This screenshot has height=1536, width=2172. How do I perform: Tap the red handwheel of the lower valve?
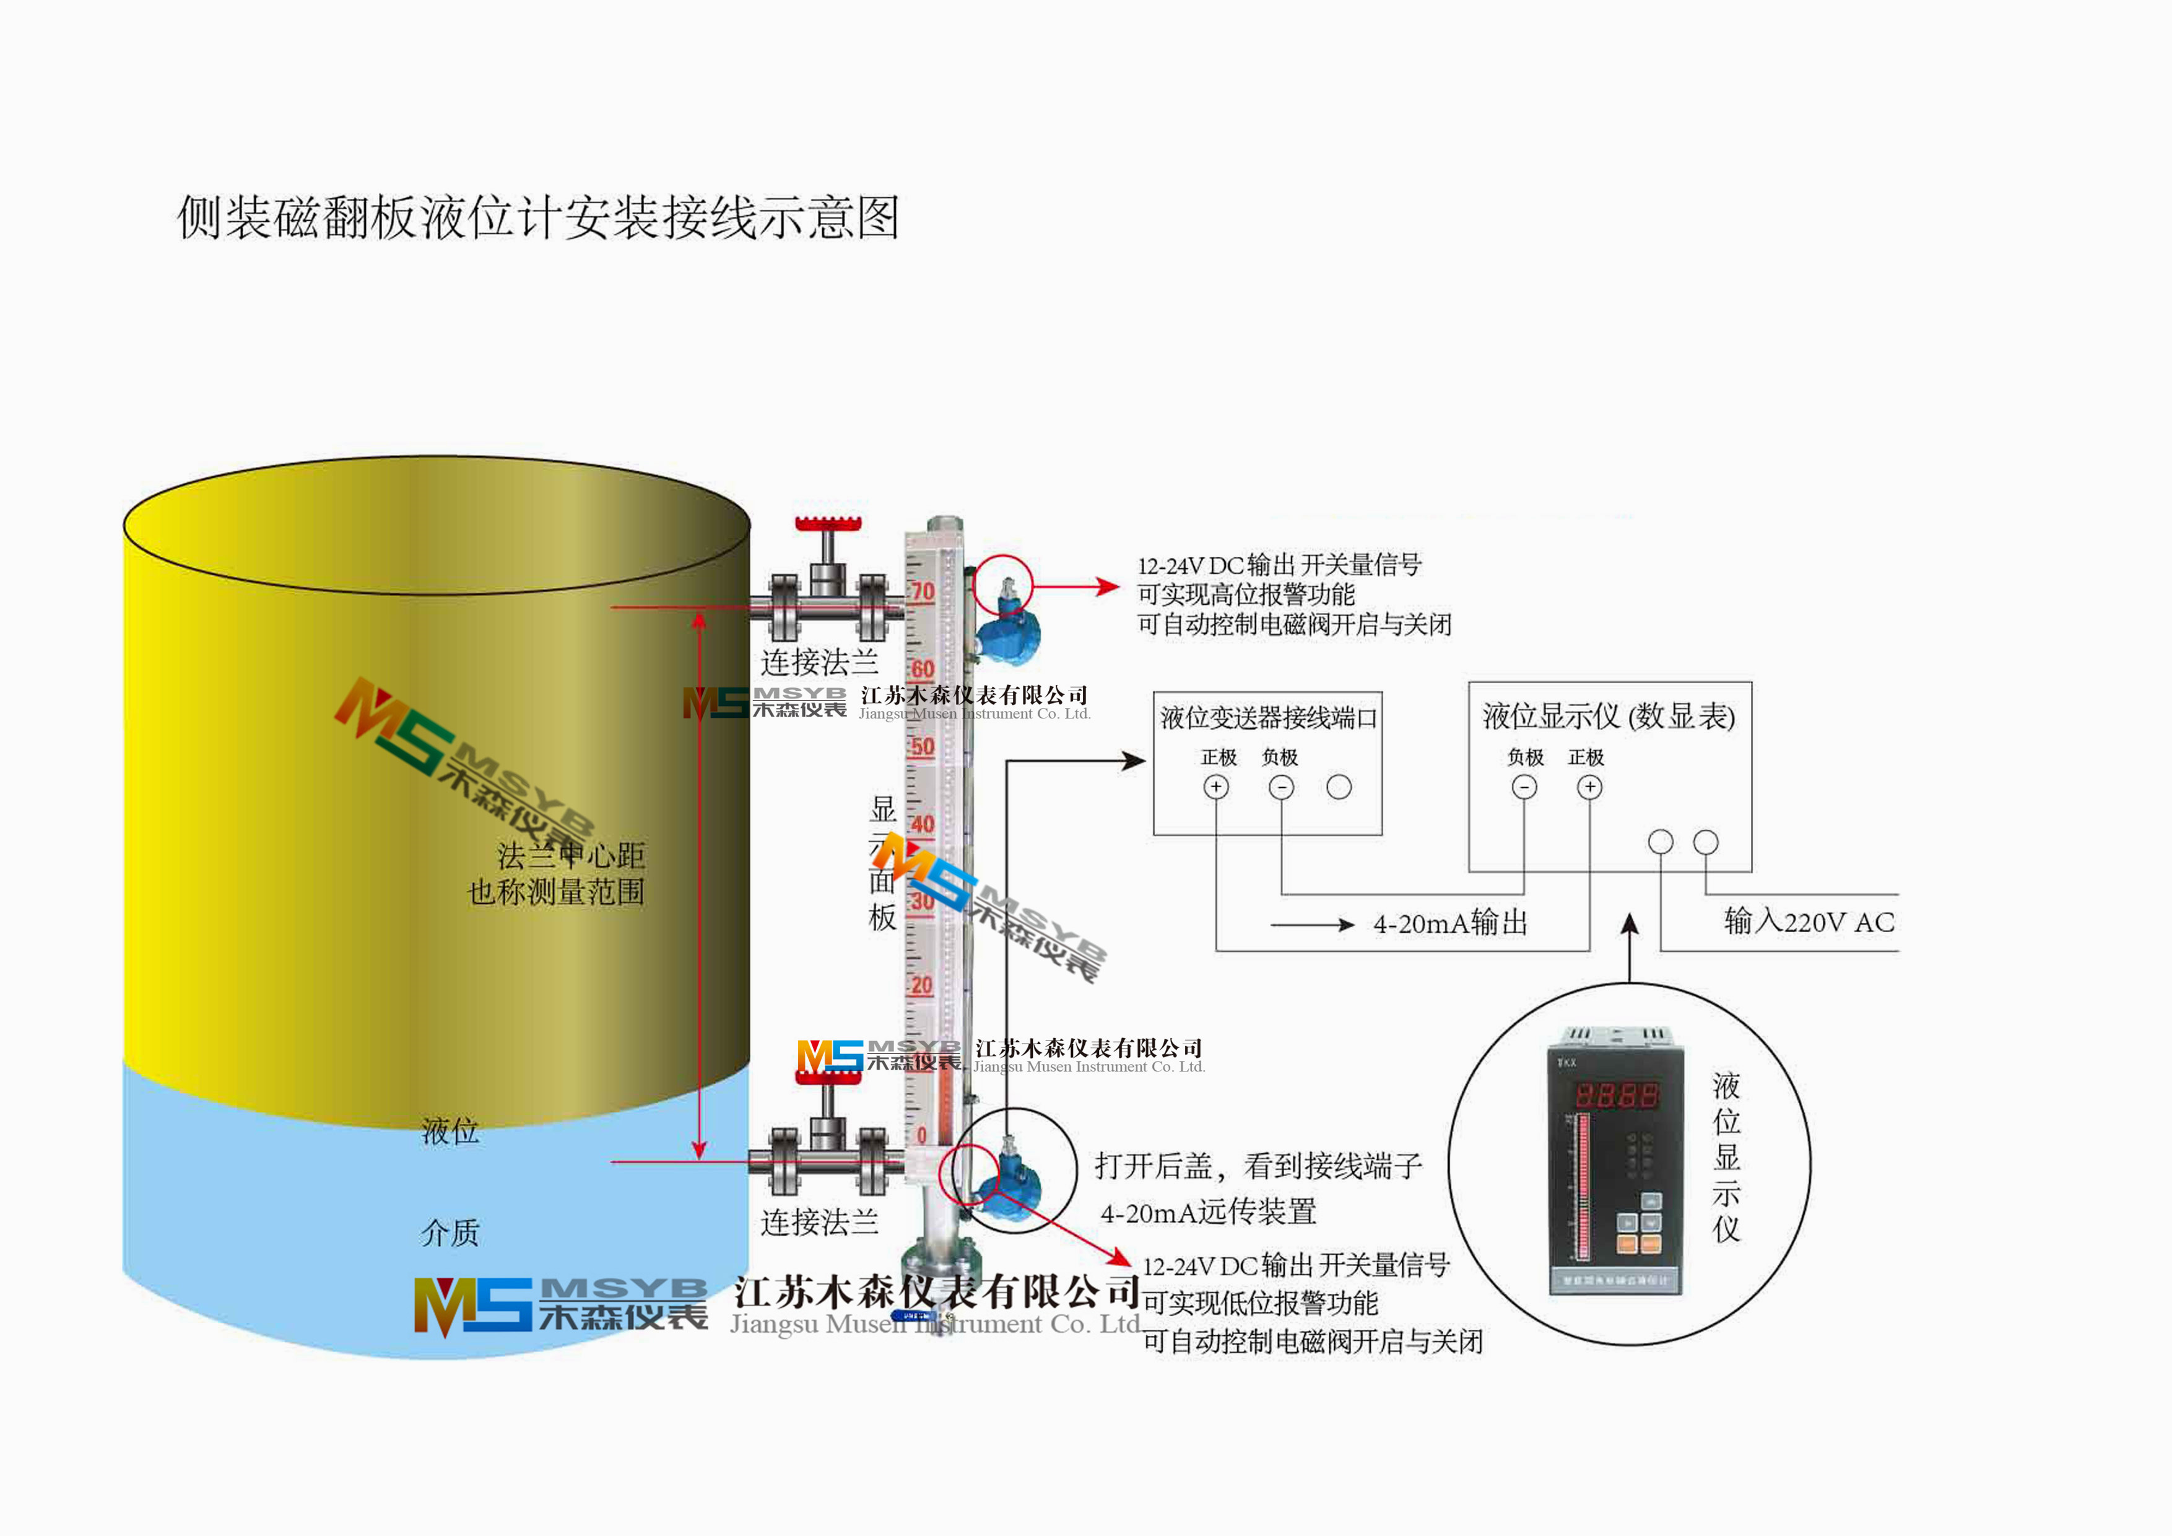[x=828, y=1064]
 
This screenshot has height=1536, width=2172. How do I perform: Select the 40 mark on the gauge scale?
[x=923, y=824]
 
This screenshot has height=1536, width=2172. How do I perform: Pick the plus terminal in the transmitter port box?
[x=1215, y=787]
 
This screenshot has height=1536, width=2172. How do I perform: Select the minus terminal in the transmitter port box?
[x=1281, y=787]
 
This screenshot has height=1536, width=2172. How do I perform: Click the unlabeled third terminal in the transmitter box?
[x=1339, y=787]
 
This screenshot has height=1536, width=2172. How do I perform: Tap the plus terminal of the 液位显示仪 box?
[x=1589, y=787]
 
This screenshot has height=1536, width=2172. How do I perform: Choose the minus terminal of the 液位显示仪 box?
[x=1524, y=787]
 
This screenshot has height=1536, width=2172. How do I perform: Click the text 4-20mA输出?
[x=1450, y=923]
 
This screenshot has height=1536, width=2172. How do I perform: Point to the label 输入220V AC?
[x=1809, y=921]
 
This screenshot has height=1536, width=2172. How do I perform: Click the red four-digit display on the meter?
[x=1616, y=1096]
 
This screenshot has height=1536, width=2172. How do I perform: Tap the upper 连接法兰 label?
[x=819, y=661]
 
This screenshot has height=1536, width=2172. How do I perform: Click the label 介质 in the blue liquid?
[x=450, y=1233]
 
